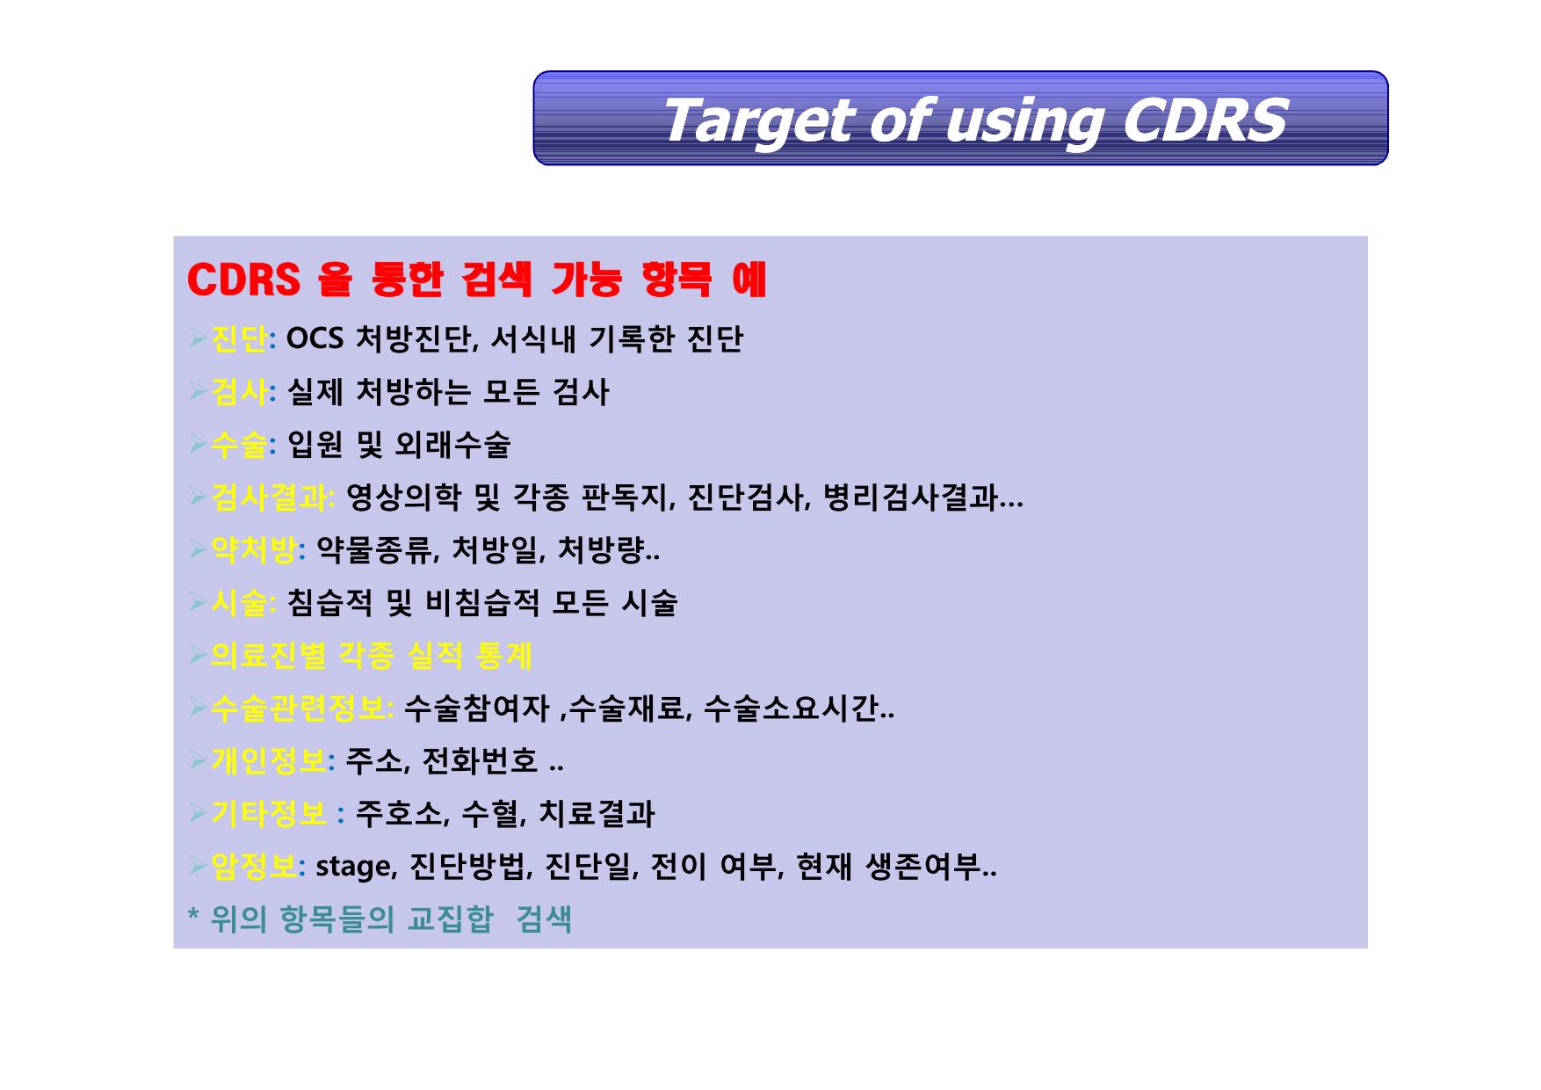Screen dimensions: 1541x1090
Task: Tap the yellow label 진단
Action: click(239, 339)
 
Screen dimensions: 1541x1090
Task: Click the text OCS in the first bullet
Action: click(315, 338)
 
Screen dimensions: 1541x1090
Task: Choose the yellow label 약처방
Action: click(253, 550)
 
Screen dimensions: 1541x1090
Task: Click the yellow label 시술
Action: click(239, 603)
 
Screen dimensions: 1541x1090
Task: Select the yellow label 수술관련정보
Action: click(298, 708)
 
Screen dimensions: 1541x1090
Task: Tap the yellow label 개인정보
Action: click(268, 761)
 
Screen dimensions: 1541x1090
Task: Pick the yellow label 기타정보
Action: click(268, 814)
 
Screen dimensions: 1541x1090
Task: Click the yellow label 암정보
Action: click(253, 867)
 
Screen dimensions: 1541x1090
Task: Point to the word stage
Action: click(353, 868)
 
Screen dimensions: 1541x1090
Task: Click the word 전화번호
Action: click(480, 761)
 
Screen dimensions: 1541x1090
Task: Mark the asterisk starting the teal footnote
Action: click(193, 916)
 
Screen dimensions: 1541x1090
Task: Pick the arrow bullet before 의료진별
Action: click(198, 655)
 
